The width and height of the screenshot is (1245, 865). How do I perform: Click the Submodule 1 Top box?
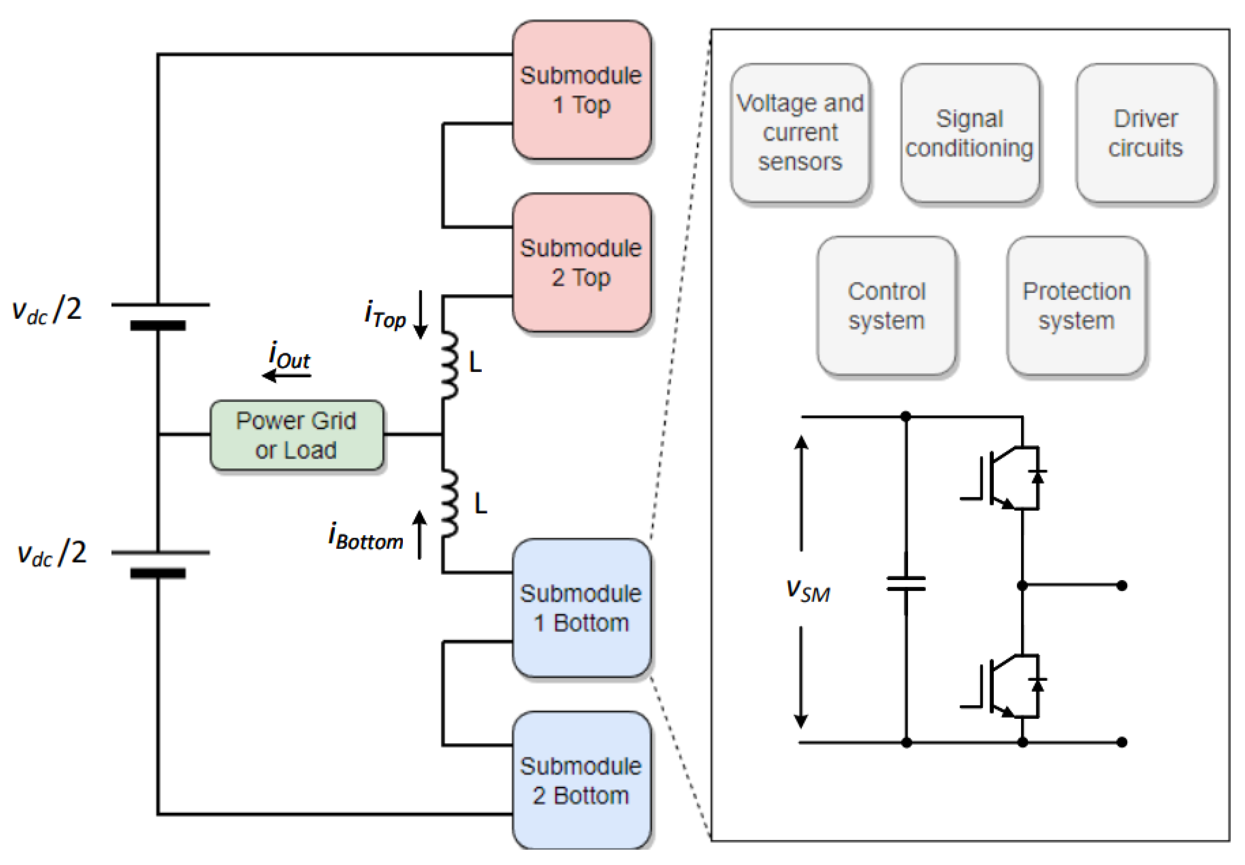click(581, 90)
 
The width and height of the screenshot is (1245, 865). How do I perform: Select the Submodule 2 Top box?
click(581, 263)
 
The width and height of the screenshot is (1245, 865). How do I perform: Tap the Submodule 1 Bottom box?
click(581, 608)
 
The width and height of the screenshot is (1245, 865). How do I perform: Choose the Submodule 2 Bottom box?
click(581, 780)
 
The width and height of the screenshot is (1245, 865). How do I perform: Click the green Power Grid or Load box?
click(297, 435)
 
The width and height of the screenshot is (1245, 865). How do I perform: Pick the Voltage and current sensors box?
click(800, 133)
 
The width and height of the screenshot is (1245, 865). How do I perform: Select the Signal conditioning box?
click(970, 133)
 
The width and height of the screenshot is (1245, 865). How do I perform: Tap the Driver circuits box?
click(1145, 133)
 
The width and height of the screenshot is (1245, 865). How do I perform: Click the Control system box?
click(886, 306)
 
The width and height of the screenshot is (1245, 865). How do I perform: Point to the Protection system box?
click(1076, 306)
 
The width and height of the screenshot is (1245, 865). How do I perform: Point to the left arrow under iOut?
click(286, 375)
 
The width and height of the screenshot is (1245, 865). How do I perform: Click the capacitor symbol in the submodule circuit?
click(905, 584)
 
